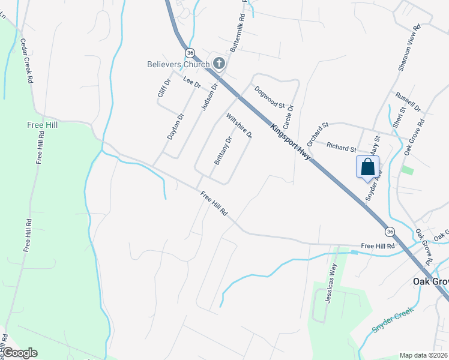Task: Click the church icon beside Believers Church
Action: click(x=218, y=64)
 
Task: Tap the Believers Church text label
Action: click(x=179, y=64)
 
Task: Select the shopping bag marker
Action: click(x=367, y=167)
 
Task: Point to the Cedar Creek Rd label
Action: click(x=26, y=60)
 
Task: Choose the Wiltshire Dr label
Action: click(x=239, y=126)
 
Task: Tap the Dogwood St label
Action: click(x=269, y=97)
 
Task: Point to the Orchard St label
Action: click(x=318, y=134)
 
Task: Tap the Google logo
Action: click(x=19, y=353)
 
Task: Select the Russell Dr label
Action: click(x=408, y=102)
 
